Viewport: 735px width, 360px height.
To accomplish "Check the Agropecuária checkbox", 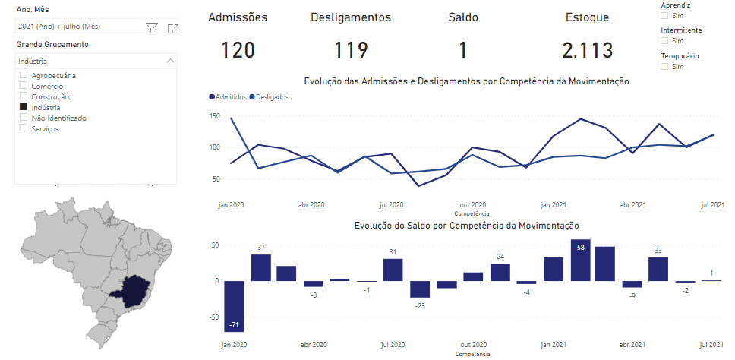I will (x=24, y=75).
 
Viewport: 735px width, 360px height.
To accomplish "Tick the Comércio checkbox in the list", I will (x=24, y=86).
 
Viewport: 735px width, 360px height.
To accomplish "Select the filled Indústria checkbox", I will (x=24, y=107).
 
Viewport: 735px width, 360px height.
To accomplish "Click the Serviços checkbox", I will (x=24, y=128).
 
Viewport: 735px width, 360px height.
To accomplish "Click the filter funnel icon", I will (x=152, y=28).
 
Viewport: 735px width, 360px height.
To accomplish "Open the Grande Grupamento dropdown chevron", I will (x=170, y=60).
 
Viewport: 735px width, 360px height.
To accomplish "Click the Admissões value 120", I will (x=238, y=50).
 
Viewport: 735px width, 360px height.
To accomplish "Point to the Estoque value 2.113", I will (x=587, y=50).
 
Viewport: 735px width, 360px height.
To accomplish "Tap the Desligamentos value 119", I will (x=351, y=50).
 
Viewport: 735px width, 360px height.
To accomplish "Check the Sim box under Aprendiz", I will (x=665, y=15).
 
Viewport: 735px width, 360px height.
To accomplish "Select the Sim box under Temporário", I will (x=665, y=67).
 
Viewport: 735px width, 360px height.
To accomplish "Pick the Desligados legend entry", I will (x=273, y=97).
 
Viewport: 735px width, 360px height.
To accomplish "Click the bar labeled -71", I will (x=234, y=306).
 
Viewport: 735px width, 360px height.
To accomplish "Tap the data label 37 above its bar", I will (x=261, y=248).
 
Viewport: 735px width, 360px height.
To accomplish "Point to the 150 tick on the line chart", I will (x=215, y=116).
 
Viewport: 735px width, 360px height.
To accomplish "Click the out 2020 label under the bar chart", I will (x=473, y=344).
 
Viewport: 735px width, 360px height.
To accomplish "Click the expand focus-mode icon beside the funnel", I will (x=172, y=28).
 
